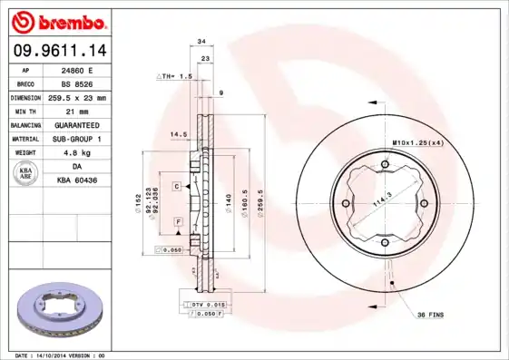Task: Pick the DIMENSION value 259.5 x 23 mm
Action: click(77, 97)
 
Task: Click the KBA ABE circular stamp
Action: click(27, 174)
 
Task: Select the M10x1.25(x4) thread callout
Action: click(417, 143)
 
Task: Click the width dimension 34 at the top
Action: click(201, 42)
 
